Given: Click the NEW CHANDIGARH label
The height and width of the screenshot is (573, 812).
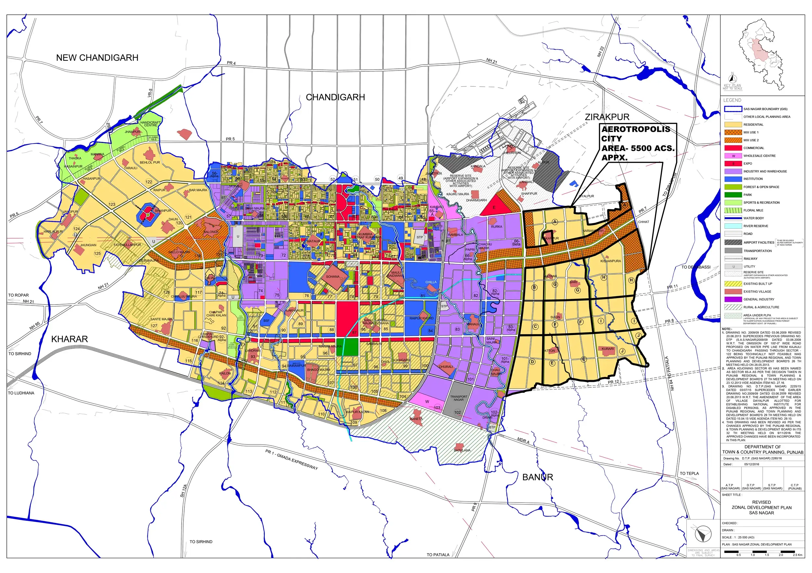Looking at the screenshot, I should (97, 57).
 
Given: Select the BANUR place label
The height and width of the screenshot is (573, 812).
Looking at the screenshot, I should (537, 477).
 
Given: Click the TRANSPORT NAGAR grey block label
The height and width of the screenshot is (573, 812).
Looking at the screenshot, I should (458, 398).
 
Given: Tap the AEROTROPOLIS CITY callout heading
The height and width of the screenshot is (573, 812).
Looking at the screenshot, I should (636, 134).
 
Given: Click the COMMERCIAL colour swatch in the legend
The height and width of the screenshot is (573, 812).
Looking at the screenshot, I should (733, 148).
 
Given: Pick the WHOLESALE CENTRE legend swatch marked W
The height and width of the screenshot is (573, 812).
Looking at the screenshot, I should (733, 156).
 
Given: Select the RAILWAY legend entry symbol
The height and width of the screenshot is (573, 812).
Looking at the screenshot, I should (733, 259).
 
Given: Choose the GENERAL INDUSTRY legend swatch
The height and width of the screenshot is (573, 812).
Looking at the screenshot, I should (733, 299).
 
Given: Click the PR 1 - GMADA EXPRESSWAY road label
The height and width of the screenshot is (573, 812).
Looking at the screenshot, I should (291, 459).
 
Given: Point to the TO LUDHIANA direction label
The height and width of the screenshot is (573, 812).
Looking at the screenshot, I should (21, 393).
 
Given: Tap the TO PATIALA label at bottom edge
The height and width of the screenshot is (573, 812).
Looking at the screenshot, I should (438, 554).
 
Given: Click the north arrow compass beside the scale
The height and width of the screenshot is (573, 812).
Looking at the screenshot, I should (703, 534).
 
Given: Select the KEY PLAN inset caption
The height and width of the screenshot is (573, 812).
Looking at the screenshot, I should (732, 85).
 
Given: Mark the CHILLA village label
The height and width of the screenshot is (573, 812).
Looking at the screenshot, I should (431, 282).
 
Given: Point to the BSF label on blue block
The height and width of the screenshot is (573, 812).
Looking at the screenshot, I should (266, 321).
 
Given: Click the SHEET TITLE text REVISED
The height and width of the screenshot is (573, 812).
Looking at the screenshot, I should (761, 502).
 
